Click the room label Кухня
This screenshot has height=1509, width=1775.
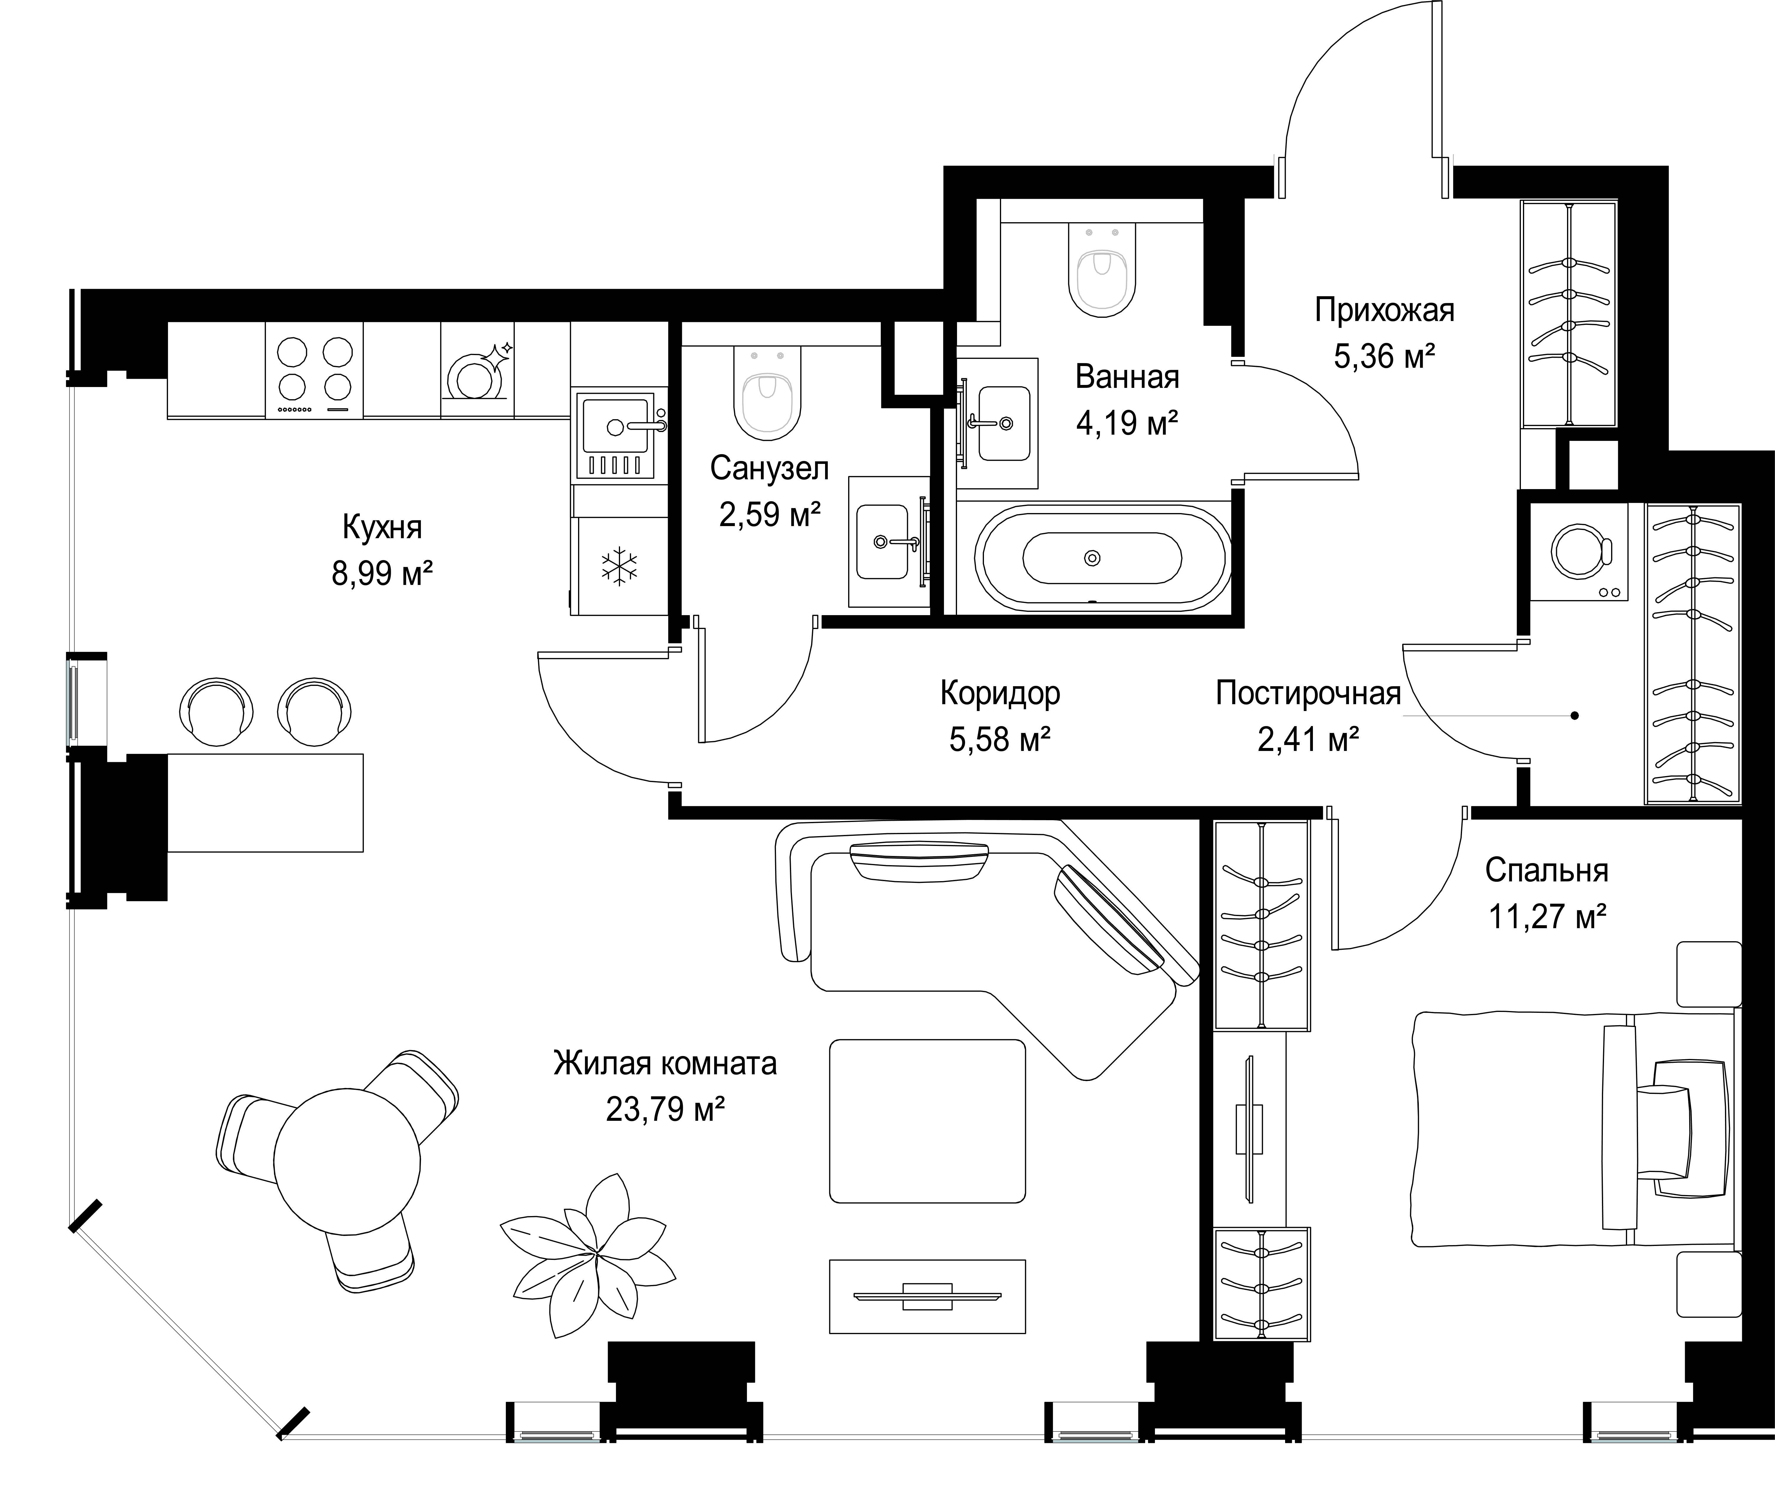click(x=383, y=528)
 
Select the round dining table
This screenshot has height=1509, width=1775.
click(x=347, y=1161)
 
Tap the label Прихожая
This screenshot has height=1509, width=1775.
click(x=1384, y=310)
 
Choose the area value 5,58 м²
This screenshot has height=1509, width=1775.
click(x=1000, y=738)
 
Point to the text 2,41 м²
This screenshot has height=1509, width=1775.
click(x=1308, y=738)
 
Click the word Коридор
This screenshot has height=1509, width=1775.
click(x=1000, y=693)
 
